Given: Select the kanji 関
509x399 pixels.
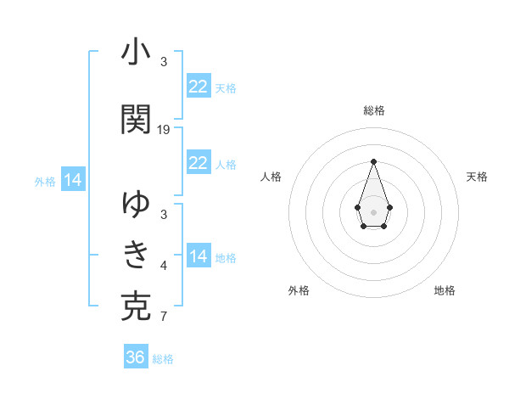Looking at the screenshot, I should coord(136,120).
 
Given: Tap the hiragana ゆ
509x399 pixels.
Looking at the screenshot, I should coord(136,204).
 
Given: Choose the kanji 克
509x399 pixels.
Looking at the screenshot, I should coord(136,306).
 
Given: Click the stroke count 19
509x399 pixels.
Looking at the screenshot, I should coord(164,130).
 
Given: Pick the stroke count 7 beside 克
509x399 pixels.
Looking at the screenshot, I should coord(164,318).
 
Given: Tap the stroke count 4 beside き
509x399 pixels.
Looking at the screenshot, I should coord(164,267).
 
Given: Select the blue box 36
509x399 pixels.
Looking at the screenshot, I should coord(136,357).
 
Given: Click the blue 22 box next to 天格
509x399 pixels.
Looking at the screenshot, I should coord(198,87).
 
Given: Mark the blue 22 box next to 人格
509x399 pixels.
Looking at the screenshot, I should coord(198,163).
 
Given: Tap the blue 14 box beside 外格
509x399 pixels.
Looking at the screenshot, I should coord(72,180).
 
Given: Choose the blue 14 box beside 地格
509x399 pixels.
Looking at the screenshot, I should coord(198,256).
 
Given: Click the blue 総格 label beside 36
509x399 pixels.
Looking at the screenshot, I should coord(163,359).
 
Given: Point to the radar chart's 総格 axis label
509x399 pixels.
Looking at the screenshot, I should coord(373,110).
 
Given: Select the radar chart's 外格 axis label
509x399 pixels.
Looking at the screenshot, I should coord(299,290).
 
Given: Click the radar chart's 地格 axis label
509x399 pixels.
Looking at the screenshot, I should coord(445,290).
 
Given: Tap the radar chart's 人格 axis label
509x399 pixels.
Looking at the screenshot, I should coord(271,177).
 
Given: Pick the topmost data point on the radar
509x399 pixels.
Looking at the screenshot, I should coord(373,161).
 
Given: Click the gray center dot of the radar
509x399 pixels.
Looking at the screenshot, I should coord(373,211).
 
